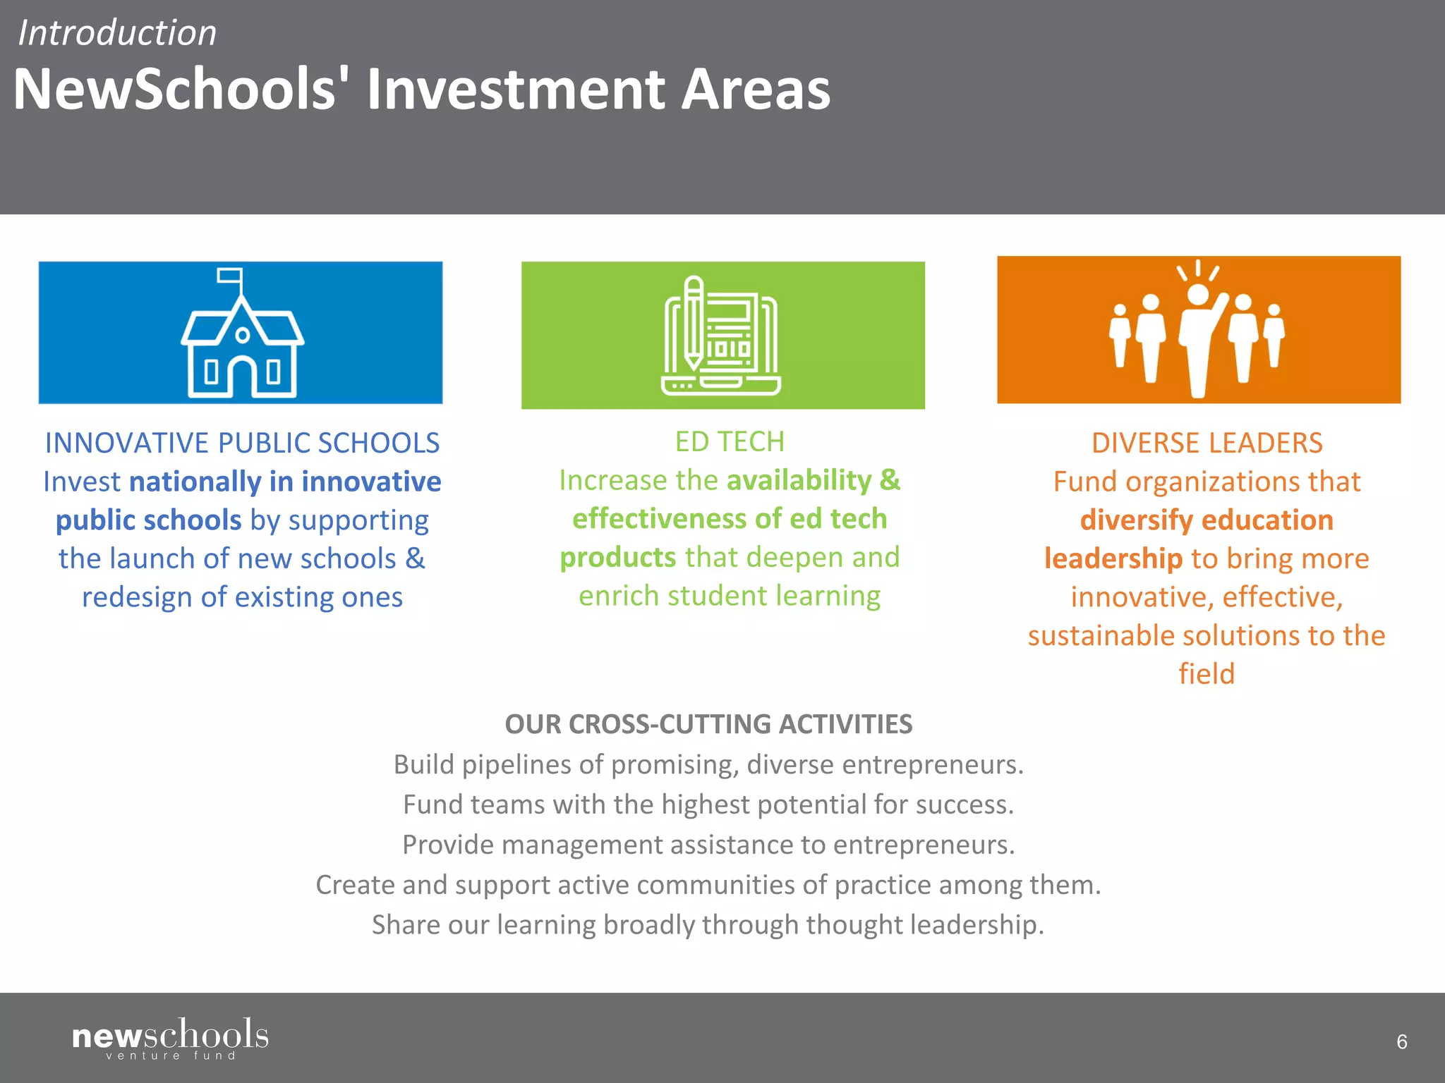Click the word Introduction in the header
pyautogui.click(x=117, y=33)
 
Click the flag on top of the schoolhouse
pyautogui.click(x=229, y=276)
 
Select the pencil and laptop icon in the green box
pyautogui.click(x=721, y=336)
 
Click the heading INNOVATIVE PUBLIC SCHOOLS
pyautogui.click(x=242, y=443)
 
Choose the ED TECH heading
pyautogui.click(x=730, y=441)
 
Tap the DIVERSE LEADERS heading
pyautogui.click(x=1207, y=443)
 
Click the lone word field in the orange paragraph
pyautogui.click(x=1207, y=674)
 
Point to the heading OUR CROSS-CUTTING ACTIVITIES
pyautogui.click(x=708, y=724)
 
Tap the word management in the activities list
pyautogui.click(x=579, y=845)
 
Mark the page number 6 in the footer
pyautogui.click(x=1401, y=1041)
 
